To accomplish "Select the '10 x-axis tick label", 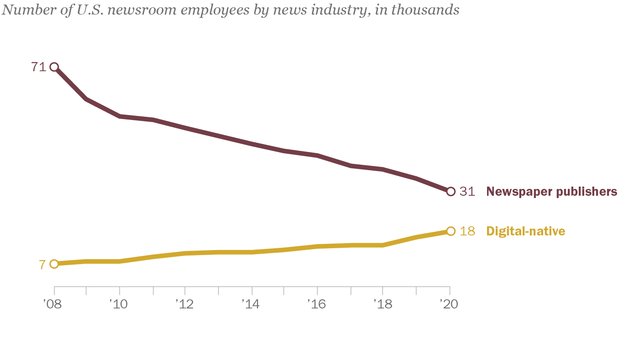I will pos(118,304).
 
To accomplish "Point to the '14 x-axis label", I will pos(250,304).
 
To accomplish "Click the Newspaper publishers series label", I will pos(552,192).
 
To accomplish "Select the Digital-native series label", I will pos(526,231).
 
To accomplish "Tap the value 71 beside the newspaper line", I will pos(38,67).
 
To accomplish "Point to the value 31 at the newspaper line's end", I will pos(467,192).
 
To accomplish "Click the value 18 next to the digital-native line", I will pos(467,231).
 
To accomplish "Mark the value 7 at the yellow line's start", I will pos(42,265).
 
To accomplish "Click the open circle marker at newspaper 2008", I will pos(54,67).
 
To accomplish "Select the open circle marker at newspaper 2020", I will pos(450,192).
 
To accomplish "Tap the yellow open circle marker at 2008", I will pos(54,264).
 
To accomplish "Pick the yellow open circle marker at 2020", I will pos(450,231).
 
